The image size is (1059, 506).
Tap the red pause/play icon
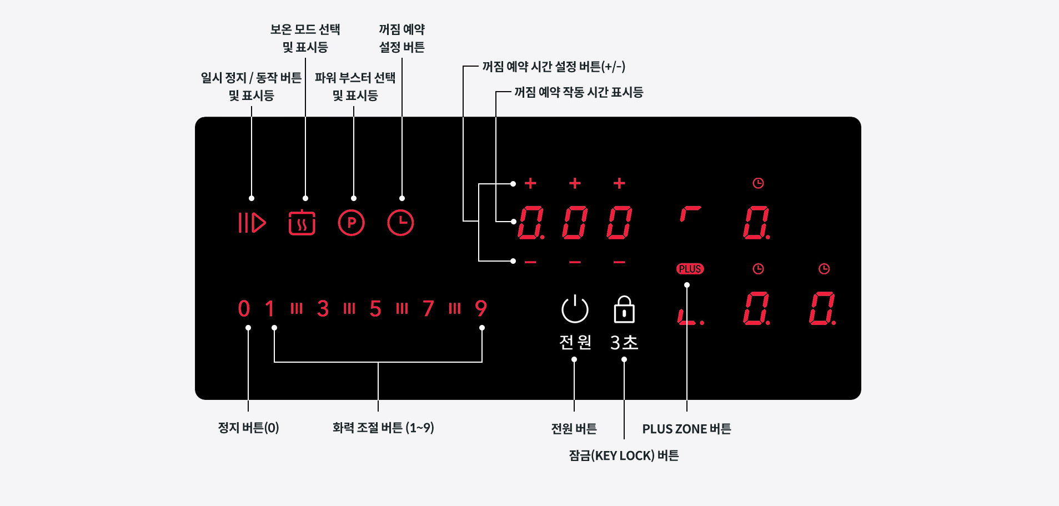252,223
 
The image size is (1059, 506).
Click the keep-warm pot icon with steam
302,223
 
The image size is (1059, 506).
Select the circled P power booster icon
351,223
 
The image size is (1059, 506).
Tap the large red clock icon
400,223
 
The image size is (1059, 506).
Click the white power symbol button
575,309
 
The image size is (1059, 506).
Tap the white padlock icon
624,309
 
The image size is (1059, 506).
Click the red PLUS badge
690,269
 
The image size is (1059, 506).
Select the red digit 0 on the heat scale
244,309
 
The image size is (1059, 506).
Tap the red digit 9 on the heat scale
481,309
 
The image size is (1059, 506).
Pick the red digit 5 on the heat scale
375,309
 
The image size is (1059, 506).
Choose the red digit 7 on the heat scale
428,309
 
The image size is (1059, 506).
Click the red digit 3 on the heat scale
323,309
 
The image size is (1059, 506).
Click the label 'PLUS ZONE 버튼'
686,429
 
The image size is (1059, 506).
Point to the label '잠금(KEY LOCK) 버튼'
624,455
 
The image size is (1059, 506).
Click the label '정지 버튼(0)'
248,428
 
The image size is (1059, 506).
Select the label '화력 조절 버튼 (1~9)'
383,428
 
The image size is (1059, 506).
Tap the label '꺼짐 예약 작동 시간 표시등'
578,92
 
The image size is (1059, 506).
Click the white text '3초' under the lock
624,342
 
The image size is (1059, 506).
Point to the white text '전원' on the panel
575,342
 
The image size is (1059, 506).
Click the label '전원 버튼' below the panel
574,429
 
